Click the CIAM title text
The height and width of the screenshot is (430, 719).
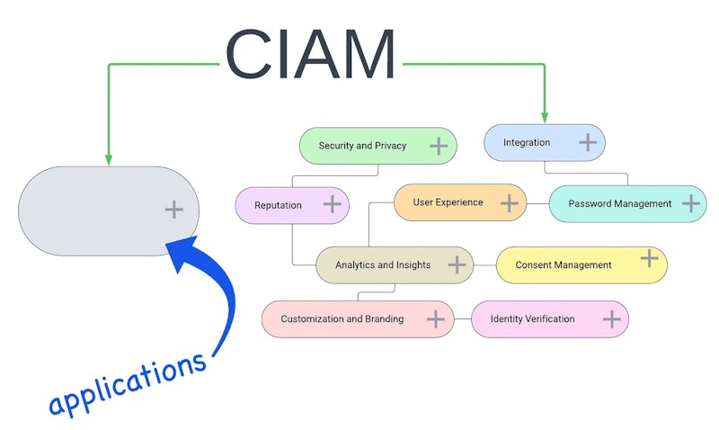(310, 54)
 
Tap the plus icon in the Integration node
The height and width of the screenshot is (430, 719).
(588, 142)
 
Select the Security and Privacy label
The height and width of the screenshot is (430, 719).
(362, 146)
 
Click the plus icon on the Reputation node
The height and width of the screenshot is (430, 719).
(332, 204)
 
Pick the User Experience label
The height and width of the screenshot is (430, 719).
(448, 202)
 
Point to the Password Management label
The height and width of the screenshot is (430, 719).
(619, 204)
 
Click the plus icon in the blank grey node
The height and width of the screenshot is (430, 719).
(173, 210)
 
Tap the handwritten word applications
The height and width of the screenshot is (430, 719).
(128, 383)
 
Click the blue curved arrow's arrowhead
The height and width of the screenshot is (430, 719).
(182, 252)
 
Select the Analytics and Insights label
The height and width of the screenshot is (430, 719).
(383, 264)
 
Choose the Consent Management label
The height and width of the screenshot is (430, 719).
(564, 264)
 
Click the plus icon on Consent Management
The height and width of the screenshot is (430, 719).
(649, 258)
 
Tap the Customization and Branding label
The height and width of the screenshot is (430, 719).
(342, 319)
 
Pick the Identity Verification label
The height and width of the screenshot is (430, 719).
(532, 319)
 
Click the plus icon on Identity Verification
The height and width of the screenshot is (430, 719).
(611, 319)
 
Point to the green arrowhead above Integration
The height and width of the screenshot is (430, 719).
(545, 117)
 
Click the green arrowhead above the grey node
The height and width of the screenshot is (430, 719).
(109, 159)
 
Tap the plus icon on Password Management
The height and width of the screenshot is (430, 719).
(690, 204)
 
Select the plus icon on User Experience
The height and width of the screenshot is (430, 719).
(509, 202)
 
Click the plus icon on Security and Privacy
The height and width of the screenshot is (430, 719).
(439, 146)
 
